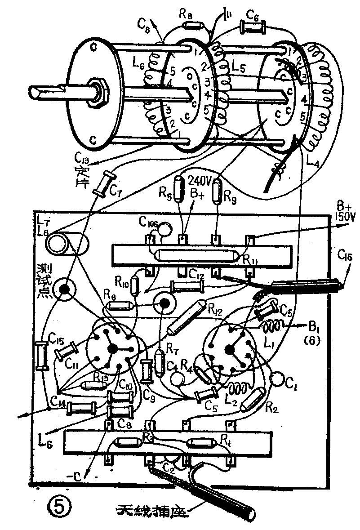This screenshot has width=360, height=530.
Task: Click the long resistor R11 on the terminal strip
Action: pos(196,255)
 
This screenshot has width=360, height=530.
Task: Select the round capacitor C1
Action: pos(277,380)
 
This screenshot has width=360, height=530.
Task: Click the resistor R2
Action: pos(253,399)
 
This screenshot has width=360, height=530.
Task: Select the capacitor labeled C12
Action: pos(186,285)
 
